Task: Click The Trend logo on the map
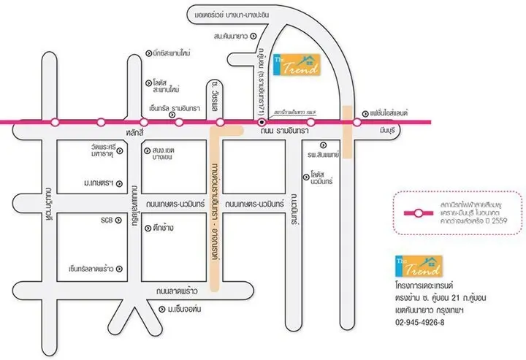296,66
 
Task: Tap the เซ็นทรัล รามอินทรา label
175,108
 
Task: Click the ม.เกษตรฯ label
103,182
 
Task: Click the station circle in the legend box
416,214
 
